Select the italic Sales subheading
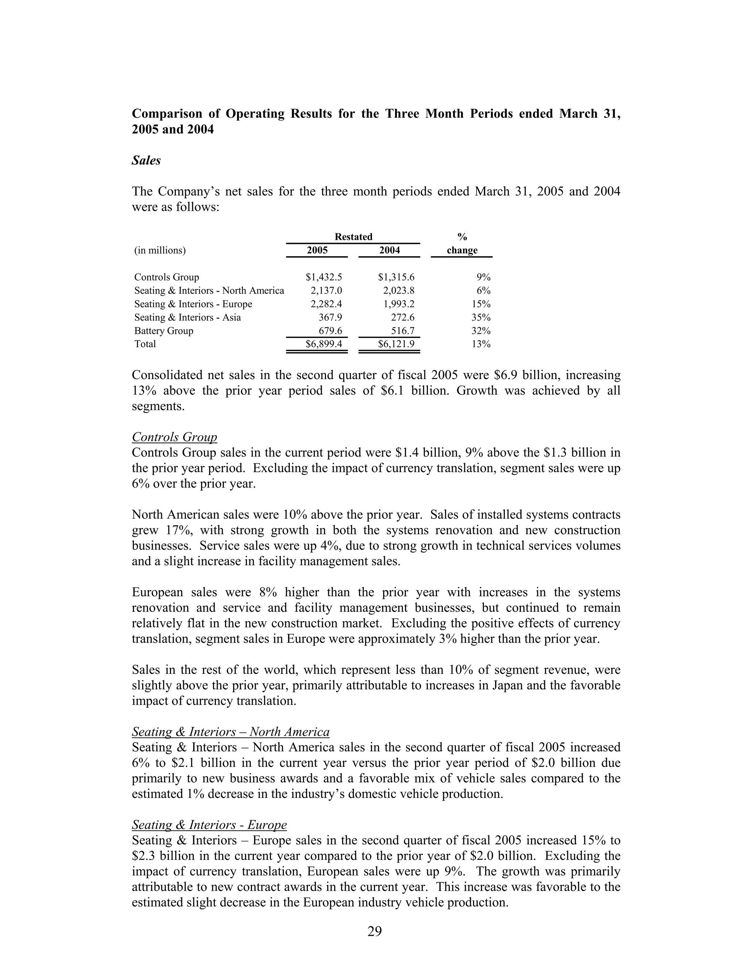(x=146, y=160)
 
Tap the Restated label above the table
(x=353, y=237)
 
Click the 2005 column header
(x=317, y=250)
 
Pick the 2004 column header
(x=390, y=250)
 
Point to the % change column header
(x=462, y=244)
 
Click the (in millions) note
(x=160, y=250)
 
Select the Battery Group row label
(x=164, y=331)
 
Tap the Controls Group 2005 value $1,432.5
(x=324, y=277)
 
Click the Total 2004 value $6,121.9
(x=396, y=344)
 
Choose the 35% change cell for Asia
(x=481, y=318)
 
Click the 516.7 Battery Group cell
(x=403, y=331)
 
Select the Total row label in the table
(x=145, y=344)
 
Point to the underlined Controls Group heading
(x=174, y=437)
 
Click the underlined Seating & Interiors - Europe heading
(x=209, y=825)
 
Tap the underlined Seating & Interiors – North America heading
(x=231, y=732)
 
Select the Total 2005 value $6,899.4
(x=324, y=344)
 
